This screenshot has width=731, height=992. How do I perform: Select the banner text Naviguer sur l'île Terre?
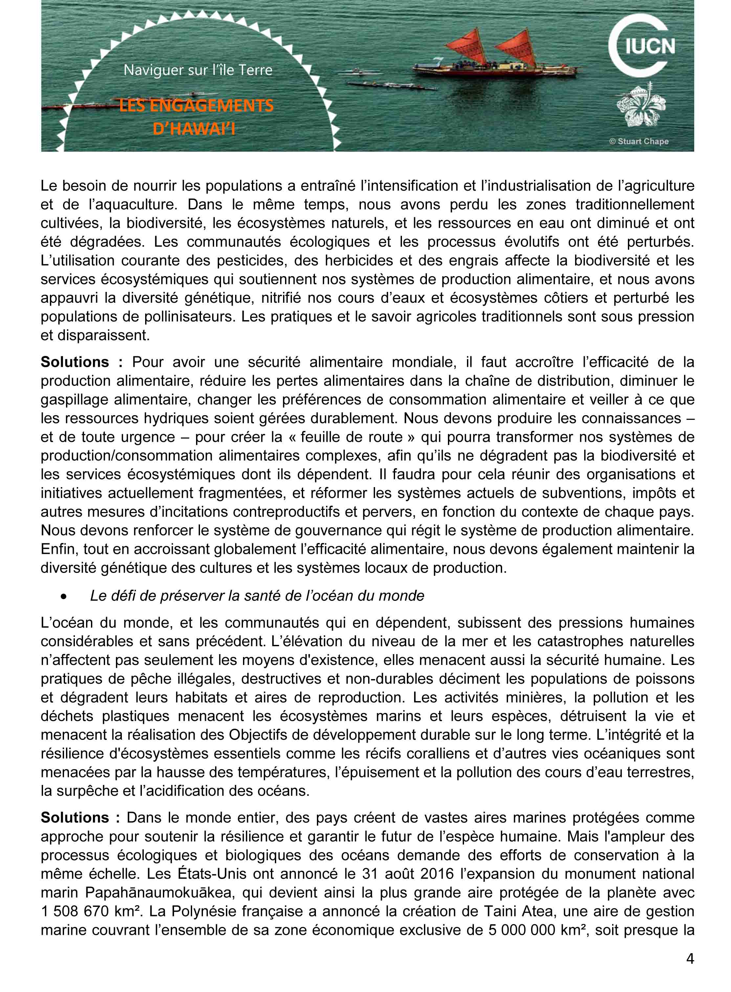coord(198,70)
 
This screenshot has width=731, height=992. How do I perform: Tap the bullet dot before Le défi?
coord(65,597)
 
